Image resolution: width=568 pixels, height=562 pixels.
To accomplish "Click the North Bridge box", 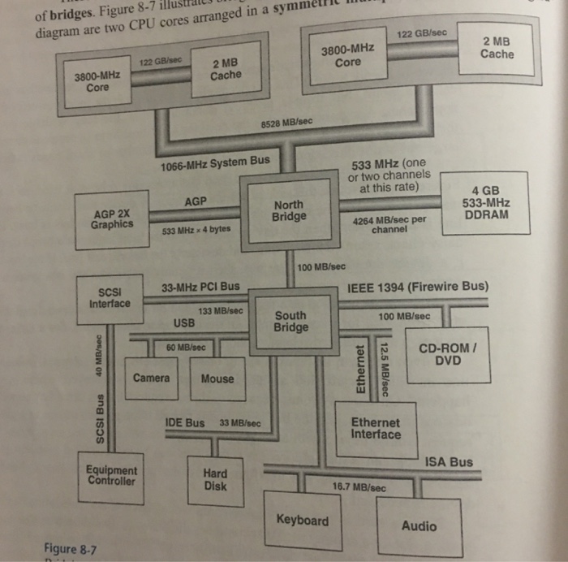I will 289,211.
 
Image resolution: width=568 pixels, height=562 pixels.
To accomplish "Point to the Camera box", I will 152,378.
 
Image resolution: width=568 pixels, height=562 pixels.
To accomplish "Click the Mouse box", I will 217,378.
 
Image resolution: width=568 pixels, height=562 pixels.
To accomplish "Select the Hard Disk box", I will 215,480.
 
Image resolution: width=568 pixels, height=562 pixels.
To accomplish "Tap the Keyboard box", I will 303,521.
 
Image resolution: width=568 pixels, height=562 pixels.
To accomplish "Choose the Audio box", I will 419,525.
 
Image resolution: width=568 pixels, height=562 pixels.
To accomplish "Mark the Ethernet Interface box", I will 375,428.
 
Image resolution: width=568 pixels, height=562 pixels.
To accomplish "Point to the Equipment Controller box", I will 112,474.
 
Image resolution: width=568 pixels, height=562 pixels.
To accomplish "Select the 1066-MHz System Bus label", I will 215,162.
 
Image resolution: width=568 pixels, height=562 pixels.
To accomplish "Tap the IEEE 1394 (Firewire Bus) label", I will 418,287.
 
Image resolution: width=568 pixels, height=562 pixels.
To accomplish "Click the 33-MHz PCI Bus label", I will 200,287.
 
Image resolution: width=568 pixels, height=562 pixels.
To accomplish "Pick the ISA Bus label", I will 449,462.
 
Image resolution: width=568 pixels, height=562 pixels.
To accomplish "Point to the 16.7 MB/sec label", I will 359,487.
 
